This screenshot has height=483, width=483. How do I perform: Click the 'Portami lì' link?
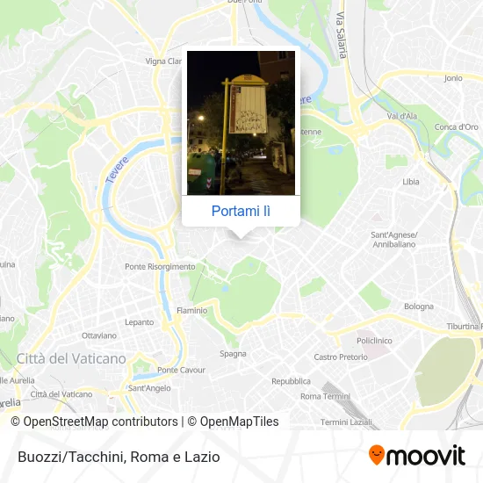[241, 211]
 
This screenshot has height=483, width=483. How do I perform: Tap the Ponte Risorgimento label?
[160, 266]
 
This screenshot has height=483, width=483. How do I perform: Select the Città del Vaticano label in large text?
[71, 358]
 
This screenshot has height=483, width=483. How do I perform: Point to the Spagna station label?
[233, 353]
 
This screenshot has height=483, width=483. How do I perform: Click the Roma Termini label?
[324, 396]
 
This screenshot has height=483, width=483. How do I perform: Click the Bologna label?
[419, 306]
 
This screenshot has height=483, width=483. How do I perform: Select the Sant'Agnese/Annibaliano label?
[393, 239]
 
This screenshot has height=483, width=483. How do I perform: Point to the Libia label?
[411, 182]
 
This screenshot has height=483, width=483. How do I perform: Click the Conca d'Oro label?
[457, 126]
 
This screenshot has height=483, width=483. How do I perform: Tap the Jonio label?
[453, 78]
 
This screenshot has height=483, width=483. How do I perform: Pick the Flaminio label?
[192, 310]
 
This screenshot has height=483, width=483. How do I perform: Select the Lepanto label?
[139, 322]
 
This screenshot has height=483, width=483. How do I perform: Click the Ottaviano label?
[98, 335]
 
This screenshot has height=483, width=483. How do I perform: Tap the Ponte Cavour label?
[181, 370]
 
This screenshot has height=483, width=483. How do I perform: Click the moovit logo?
[417, 455]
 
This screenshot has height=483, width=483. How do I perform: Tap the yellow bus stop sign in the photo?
[243, 107]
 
